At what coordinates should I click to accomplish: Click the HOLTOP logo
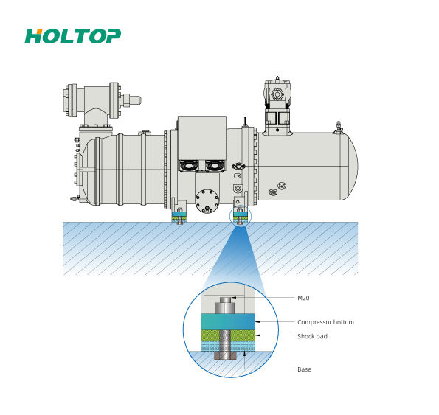coord(73,36)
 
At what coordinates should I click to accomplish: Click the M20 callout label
coord(303,298)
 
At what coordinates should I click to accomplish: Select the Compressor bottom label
coord(325,322)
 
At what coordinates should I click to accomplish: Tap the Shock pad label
coord(312,336)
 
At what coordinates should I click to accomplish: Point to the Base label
coord(304,369)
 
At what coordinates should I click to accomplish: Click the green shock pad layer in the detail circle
coord(228,335)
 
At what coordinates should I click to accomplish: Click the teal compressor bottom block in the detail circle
coord(228,322)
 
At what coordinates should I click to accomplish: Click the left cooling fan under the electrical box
coord(189,166)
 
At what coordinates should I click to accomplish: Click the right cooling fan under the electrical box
coord(215,166)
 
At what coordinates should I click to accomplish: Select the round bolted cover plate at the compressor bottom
coord(207,200)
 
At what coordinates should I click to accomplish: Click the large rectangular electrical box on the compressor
coord(202,138)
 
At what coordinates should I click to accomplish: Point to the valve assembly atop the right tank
coord(277,105)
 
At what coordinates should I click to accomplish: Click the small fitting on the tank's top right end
coord(338,128)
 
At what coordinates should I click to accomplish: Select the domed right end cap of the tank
coord(350,166)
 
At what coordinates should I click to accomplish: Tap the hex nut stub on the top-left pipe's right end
coord(131,100)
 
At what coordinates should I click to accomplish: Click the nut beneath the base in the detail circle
coord(226,356)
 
